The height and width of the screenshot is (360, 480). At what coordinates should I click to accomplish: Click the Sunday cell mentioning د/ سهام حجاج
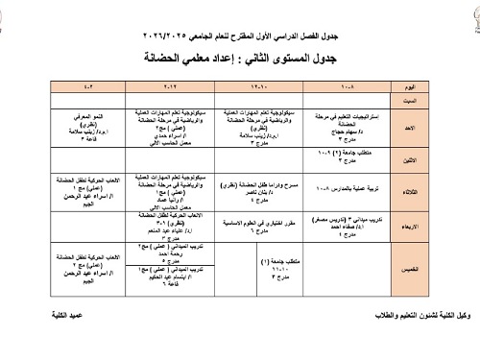(342, 124)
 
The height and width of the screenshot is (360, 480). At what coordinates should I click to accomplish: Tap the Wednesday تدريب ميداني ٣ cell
(342, 223)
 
